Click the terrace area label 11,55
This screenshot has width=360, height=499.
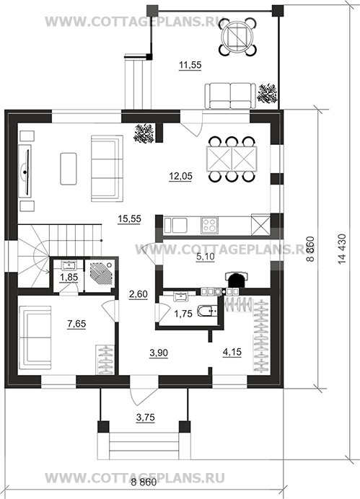[190, 65]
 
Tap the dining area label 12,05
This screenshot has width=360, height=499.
[180, 176]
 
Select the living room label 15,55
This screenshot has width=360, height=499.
[129, 219]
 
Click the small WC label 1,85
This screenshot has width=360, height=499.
[69, 278]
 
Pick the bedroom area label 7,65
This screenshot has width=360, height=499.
[76, 324]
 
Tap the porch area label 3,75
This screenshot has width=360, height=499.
[146, 417]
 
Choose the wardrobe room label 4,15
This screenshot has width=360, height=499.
[232, 352]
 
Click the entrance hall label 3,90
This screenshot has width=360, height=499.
[159, 353]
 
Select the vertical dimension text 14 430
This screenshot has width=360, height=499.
[342, 249]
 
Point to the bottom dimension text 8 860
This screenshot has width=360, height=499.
[144, 482]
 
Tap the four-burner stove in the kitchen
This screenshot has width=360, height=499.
[209, 225]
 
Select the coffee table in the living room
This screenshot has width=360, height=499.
[69, 169]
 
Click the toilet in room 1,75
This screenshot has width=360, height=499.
[207, 311]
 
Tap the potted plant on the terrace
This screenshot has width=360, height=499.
[268, 93]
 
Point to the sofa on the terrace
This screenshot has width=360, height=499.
[230, 96]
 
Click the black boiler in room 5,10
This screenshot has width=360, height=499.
[235, 280]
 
